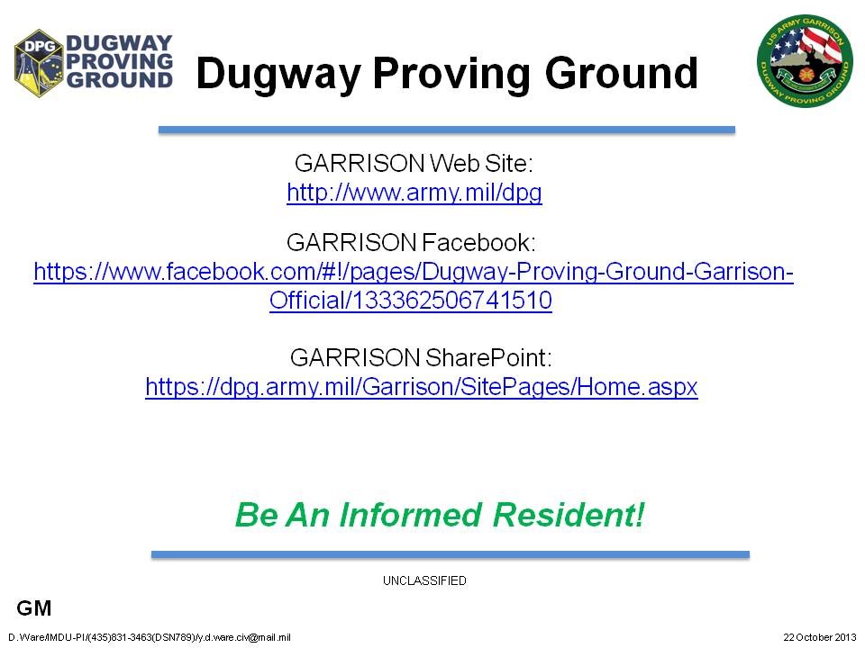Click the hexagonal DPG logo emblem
(x=39, y=63)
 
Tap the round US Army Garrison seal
(x=805, y=60)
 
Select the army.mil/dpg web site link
(x=414, y=193)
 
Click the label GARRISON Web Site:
(x=414, y=163)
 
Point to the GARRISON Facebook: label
(x=411, y=242)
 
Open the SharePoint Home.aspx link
(x=422, y=387)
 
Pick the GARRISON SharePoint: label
(x=421, y=357)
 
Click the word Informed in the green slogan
(x=411, y=515)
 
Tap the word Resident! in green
(x=569, y=515)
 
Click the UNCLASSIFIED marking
(x=424, y=580)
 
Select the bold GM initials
(x=34, y=608)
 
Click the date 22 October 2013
(x=820, y=637)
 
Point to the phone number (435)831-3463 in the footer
(x=120, y=637)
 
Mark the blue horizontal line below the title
(x=447, y=130)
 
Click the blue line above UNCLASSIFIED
(x=451, y=554)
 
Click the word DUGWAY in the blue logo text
(x=119, y=43)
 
